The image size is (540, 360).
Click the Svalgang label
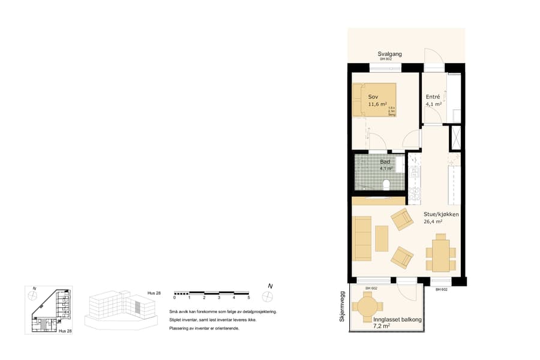389,54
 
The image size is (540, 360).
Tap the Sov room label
373,97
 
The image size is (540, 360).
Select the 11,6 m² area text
377,104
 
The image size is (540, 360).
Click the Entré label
433,97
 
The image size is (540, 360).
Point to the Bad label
385,162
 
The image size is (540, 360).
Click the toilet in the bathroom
387,184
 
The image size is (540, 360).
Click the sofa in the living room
362,238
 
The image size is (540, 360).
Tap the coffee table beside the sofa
382,238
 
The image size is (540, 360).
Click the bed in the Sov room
374,100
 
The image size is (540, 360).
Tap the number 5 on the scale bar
248,298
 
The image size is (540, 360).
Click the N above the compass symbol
270,286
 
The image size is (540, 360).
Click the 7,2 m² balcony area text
382,326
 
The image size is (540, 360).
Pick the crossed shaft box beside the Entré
455,137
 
